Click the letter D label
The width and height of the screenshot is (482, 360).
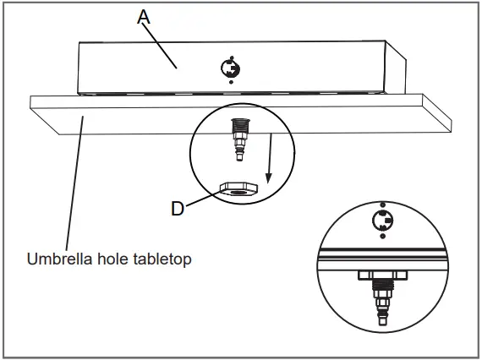178,208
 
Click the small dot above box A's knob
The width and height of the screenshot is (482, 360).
229,52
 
